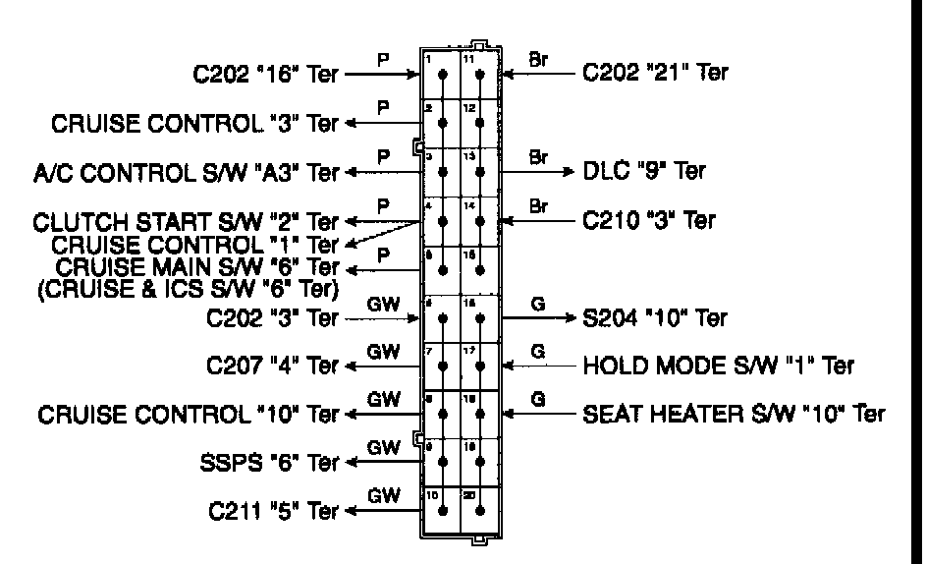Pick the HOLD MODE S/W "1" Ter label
(718, 366)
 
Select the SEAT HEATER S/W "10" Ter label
(735, 415)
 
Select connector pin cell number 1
(442, 75)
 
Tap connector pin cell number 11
(480, 75)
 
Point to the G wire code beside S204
(537, 305)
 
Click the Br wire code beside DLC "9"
(538, 157)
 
